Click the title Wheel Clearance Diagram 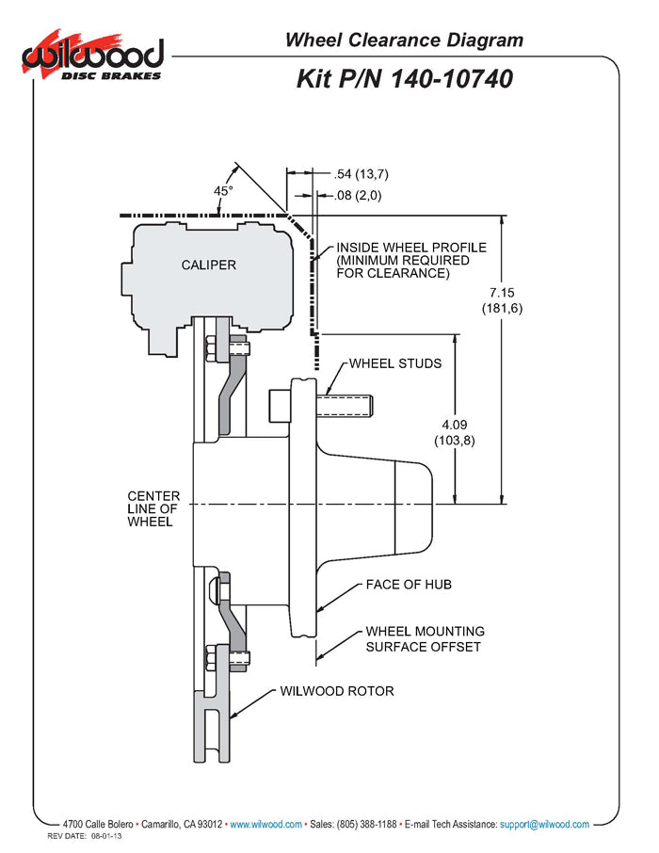coord(404,40)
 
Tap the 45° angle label coord(223,190)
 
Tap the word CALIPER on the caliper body coord(209,265)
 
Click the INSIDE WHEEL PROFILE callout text coord(411,261)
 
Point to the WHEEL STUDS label coord(395,362)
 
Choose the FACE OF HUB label coord(409,585)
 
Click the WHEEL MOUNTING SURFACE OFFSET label coord(425,638)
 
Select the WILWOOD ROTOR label coord(337,691)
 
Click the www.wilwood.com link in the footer coord(265,824)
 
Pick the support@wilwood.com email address coord(544,824)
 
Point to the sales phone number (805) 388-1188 coord(367,824)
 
